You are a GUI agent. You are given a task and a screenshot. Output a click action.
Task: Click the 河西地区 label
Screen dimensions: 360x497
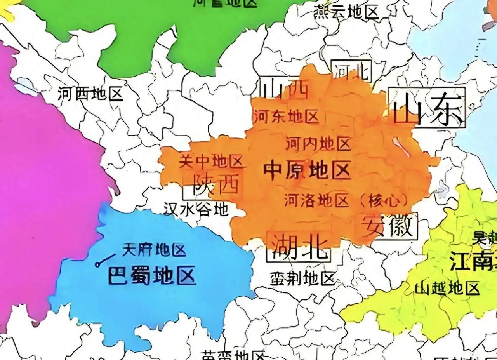90,94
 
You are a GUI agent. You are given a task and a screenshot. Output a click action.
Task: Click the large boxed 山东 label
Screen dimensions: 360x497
427,108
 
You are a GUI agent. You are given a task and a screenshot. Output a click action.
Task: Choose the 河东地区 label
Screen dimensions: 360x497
286,116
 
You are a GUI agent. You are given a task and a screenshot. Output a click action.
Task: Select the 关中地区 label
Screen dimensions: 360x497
211,161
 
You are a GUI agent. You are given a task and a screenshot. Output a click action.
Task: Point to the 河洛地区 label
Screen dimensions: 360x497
316,200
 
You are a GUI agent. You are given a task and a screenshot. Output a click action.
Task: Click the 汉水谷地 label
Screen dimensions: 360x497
195,210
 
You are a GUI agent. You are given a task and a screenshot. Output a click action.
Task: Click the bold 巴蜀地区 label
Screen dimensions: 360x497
151,276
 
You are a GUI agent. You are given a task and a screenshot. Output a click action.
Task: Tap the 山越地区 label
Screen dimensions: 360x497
447,288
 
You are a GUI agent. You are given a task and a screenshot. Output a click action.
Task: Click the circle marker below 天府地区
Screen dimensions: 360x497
97,264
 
